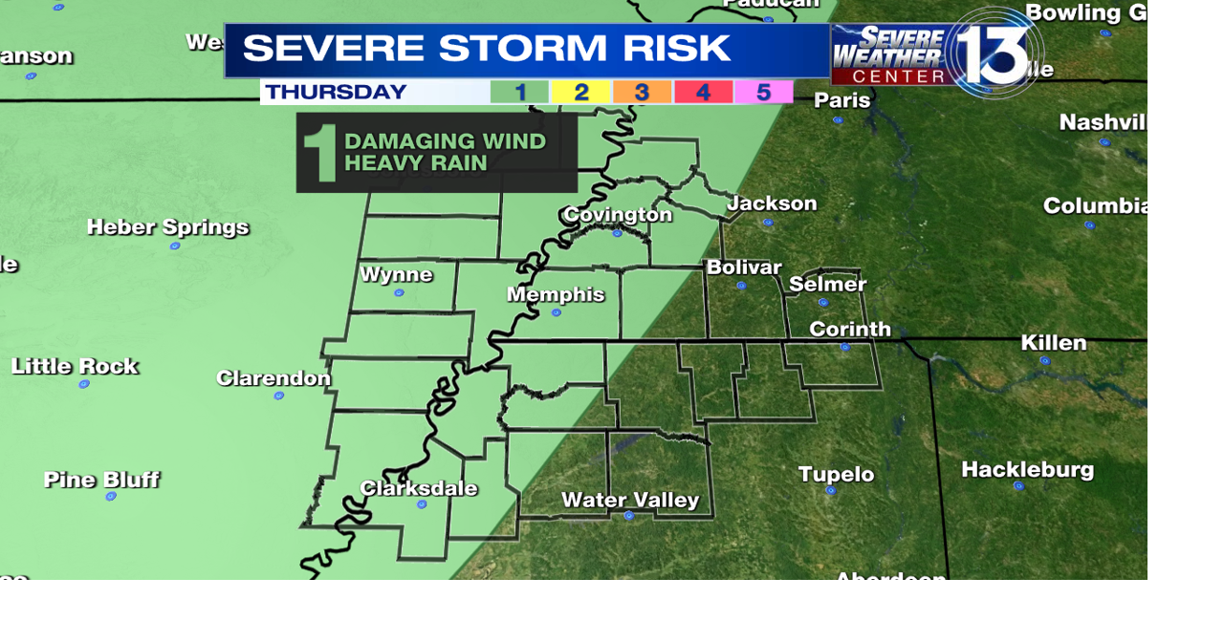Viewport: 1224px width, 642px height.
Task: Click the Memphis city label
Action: (556, 294)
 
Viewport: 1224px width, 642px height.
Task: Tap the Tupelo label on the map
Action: (836, 474)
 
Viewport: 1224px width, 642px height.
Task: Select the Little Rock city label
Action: (75, 366)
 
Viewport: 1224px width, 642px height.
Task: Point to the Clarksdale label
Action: (419, 488)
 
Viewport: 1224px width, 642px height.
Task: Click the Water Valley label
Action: (630, 500)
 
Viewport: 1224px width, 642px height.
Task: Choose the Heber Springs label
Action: (167, 227)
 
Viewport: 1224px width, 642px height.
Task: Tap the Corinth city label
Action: (850, 330)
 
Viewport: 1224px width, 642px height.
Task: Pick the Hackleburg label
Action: (1027, 469)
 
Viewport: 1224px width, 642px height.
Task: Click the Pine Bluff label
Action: (101, 479)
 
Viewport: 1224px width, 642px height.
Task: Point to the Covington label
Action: (618, 214)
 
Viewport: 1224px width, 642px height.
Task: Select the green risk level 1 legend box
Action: (519, 93)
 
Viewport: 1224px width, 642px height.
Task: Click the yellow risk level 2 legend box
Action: (580, 93)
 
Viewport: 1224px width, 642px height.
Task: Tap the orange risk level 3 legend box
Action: (642, 93)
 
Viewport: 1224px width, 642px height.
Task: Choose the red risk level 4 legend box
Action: (703, 93)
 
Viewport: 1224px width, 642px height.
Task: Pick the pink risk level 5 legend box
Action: (763, 93)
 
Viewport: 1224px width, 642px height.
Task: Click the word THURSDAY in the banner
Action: (336, 93)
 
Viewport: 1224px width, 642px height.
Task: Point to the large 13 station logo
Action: (994, 53)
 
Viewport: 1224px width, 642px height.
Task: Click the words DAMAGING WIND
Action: (445, 141)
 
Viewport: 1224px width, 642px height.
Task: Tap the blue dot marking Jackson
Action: (767, 222)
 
